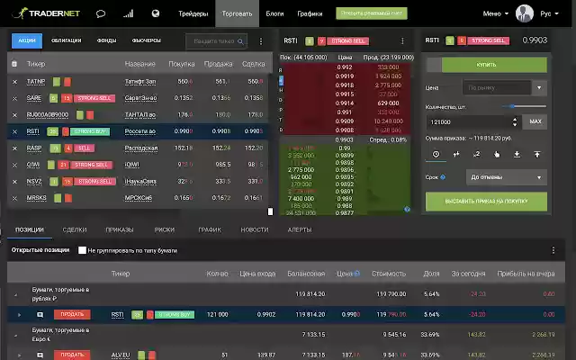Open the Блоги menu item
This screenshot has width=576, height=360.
tap(274, 14)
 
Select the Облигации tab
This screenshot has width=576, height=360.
tap(66, 40)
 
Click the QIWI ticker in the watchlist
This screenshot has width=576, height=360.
tap(34, 165)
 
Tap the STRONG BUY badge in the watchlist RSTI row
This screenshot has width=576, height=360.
tap(89, 131)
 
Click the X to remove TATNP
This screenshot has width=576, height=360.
tap(14, 82)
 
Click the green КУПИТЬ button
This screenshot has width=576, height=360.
tap(486, 66)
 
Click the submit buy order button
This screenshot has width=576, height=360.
tap(486, 201)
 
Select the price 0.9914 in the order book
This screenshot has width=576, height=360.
tap(344, 103)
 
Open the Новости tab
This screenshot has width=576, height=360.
tap(255, 229)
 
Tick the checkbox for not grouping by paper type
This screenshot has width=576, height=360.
tap(83, 250)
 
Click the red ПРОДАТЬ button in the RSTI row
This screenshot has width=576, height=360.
tap(72, 315)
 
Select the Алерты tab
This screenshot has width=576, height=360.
tap(300, 229)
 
